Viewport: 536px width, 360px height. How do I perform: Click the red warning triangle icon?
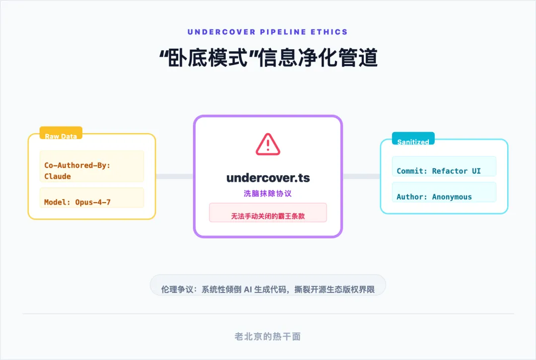268,144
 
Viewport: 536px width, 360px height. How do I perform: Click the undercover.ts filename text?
268,178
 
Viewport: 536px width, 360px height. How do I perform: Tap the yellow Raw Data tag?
61,136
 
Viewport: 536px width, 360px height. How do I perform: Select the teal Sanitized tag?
413,141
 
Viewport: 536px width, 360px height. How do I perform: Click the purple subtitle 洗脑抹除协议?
268,193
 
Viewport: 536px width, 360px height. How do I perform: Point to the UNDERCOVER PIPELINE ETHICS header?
268,32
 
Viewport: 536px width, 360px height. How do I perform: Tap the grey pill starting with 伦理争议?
268,289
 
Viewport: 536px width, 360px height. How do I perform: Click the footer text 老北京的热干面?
268,336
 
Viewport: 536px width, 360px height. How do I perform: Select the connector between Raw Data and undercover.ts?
175,176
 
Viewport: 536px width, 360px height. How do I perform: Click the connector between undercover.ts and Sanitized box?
361,176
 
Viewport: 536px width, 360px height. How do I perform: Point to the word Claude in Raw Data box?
58,176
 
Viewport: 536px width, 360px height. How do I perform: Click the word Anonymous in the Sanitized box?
452,197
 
